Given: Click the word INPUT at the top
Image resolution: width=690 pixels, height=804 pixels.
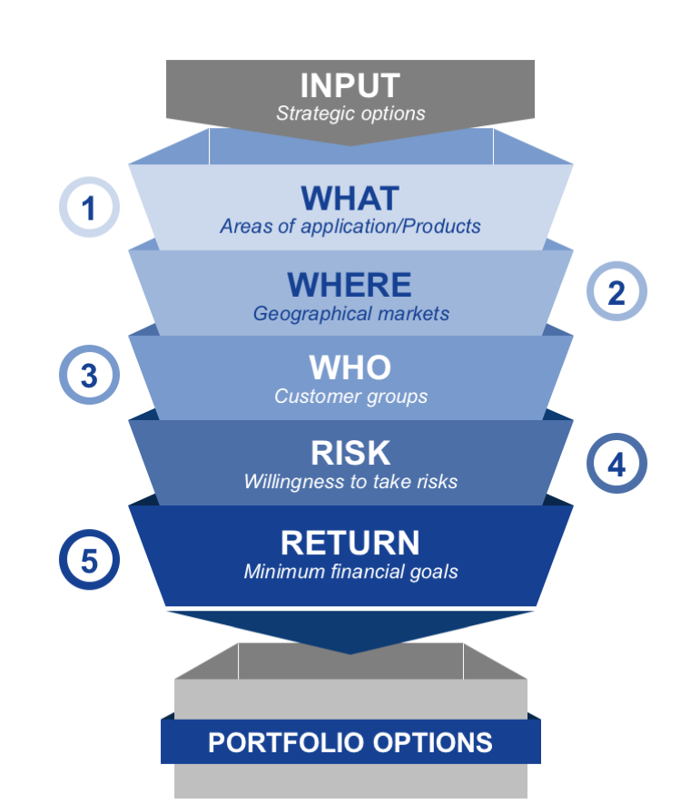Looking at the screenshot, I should [350, 85].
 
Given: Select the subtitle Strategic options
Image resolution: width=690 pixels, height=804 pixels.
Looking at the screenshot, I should [350, 113].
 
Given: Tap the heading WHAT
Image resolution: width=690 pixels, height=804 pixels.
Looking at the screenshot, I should [350, 198].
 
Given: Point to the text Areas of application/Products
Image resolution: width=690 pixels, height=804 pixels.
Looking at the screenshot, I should [350, 226].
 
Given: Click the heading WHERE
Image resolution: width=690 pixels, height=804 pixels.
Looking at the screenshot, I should [350, 285].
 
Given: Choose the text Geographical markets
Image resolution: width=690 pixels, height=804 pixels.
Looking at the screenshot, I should [350, 314].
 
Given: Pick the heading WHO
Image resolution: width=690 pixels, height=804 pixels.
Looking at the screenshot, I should [350, 368].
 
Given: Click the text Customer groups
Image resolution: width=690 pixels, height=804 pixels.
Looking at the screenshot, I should [350, 397].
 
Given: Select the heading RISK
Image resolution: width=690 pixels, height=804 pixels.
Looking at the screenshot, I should [350, 452].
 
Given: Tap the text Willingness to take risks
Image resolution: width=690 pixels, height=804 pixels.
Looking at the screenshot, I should [350, 481].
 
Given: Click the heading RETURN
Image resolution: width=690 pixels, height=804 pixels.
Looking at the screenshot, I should [350, 542].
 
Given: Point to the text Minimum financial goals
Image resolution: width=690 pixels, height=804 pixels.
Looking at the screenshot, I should [350, 572].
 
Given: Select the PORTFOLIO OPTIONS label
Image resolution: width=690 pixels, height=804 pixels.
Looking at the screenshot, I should [350, 742].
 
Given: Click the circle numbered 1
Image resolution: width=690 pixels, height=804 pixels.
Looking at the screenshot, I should [89, 208].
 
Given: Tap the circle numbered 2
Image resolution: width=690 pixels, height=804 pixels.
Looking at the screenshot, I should [616, 292].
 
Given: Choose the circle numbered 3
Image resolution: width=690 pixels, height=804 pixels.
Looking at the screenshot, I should [89, 375].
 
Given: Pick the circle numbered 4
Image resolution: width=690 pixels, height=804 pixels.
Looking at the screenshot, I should [616, 465].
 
